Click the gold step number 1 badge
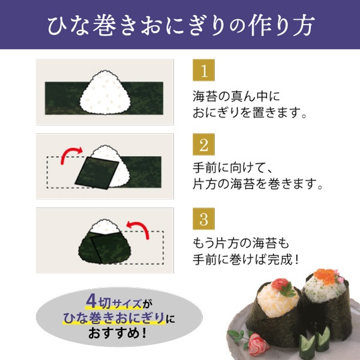203,70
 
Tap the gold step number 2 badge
203,145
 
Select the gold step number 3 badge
203,219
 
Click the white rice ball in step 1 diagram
106,92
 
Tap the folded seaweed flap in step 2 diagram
97,173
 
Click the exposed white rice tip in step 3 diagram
105,226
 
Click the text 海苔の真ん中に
236,97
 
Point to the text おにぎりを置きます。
250,113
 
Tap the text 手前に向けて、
233,168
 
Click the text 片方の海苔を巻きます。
257,184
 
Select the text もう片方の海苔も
241,244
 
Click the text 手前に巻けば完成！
246,260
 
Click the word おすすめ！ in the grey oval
118,333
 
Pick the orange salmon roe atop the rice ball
325,275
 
